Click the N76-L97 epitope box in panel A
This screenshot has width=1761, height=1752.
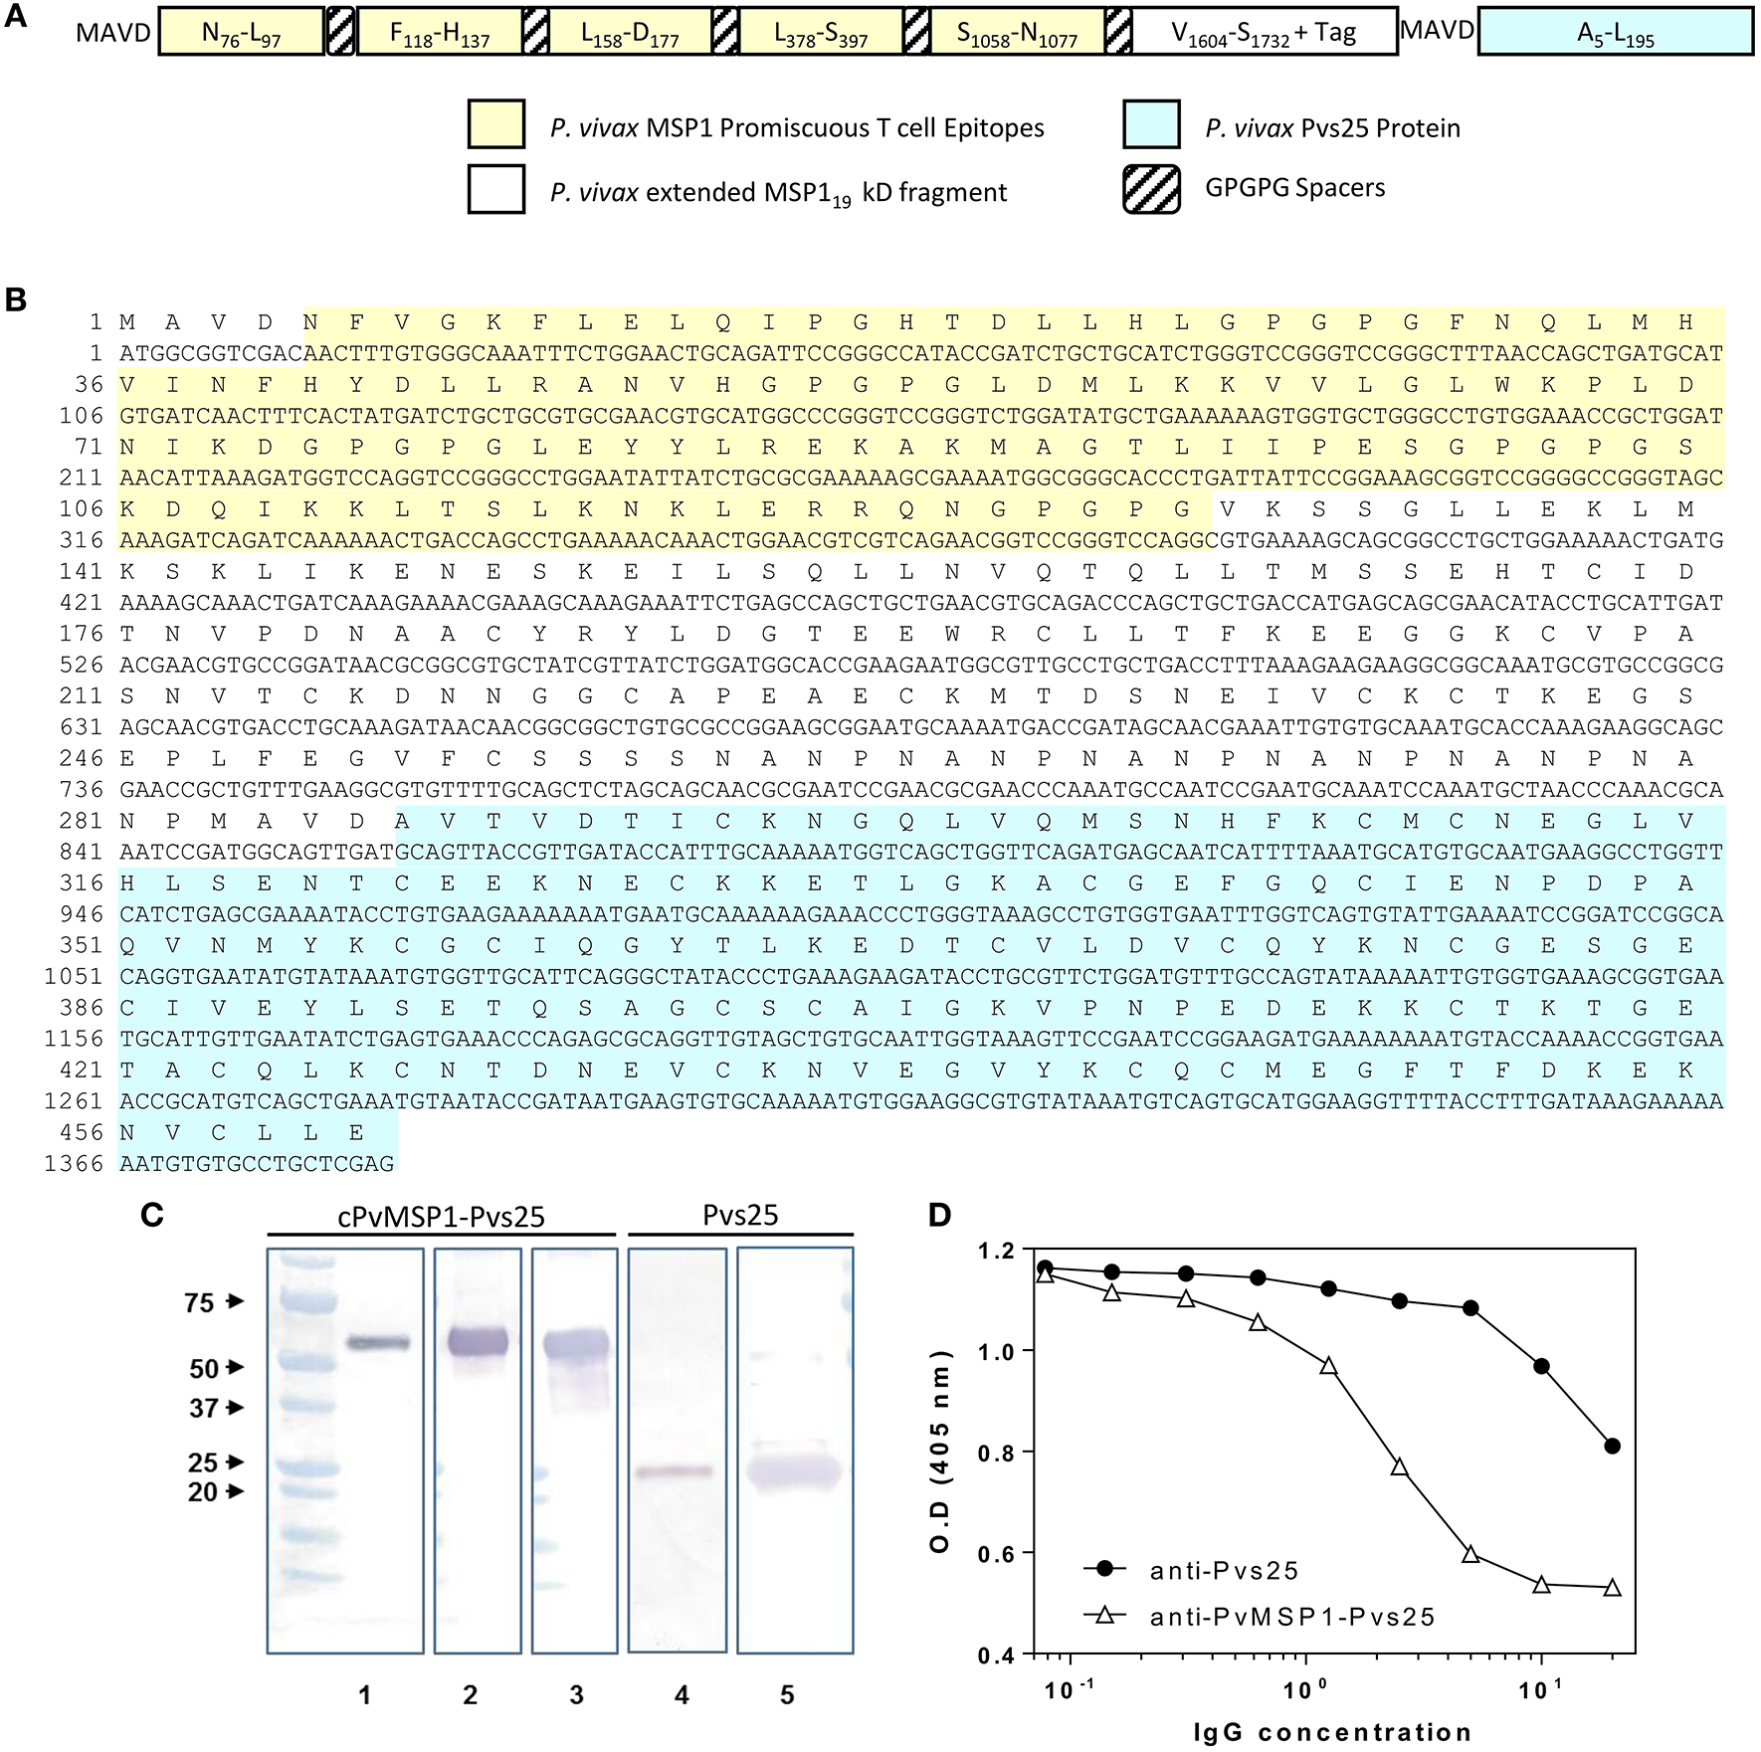pos(241,32)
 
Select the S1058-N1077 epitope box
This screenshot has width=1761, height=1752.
pos(1017,32)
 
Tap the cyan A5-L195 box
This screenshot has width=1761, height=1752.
pos(1616,32)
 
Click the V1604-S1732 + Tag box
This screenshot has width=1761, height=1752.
pos(1264,32)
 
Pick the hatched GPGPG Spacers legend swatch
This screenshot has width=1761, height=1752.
pos(1151,189)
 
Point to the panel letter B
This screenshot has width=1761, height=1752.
pos(16,300)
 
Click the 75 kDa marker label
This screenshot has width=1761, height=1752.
pos(199,1302)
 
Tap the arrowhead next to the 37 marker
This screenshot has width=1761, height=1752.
pos(235,1408)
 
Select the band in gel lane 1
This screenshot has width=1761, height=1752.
pos(377,1343)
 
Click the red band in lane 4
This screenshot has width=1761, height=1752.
pos(675,1471)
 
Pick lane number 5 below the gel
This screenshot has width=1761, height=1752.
pos(787,1694)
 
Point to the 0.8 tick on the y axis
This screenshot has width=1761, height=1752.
pos(1008,1453)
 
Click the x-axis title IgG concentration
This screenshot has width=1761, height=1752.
pos(1333,1732)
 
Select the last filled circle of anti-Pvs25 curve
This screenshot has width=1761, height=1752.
pos(1612,1446)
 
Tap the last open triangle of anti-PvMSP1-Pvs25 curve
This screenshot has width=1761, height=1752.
pos(1612,1588)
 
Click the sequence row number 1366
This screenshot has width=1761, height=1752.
pos(74,1163)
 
